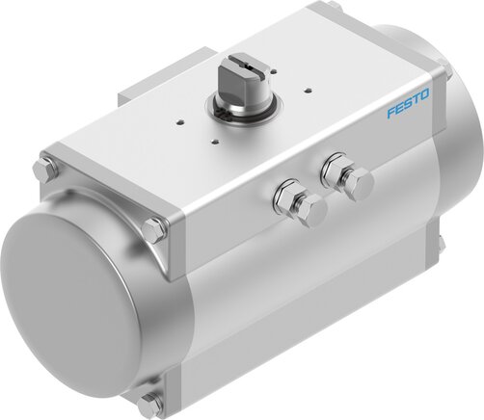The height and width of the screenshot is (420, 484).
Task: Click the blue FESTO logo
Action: tap(408, 109)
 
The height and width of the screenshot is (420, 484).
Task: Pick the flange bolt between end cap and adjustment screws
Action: tap(154, 230)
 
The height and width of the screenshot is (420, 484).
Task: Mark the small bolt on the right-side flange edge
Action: tap(441, 246)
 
